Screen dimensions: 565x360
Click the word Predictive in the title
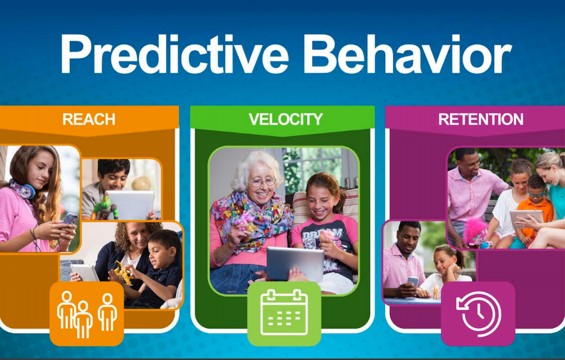click(x=175, y=55)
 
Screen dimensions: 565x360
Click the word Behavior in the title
click(x=407, y=55)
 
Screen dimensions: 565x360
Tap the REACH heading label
click(x=89, y=119)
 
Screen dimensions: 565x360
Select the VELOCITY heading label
click(x=285, y=119)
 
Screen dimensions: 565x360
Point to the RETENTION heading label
click(x=481, y=119)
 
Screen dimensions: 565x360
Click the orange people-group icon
click(x=87, y=314)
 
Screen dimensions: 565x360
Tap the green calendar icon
click(x=284, y=314)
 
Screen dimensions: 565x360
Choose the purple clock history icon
click(x=478, y=314)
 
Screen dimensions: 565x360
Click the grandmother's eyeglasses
click(x=262, y=182)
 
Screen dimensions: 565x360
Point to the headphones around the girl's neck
click(x=22, y=189)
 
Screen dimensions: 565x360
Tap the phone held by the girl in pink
click(x=70, y=219)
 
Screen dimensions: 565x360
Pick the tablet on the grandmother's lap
click(x=295, y=264)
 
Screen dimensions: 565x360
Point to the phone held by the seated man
click(x=413, y=281)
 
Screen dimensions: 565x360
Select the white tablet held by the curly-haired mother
click(x=84, y=273)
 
